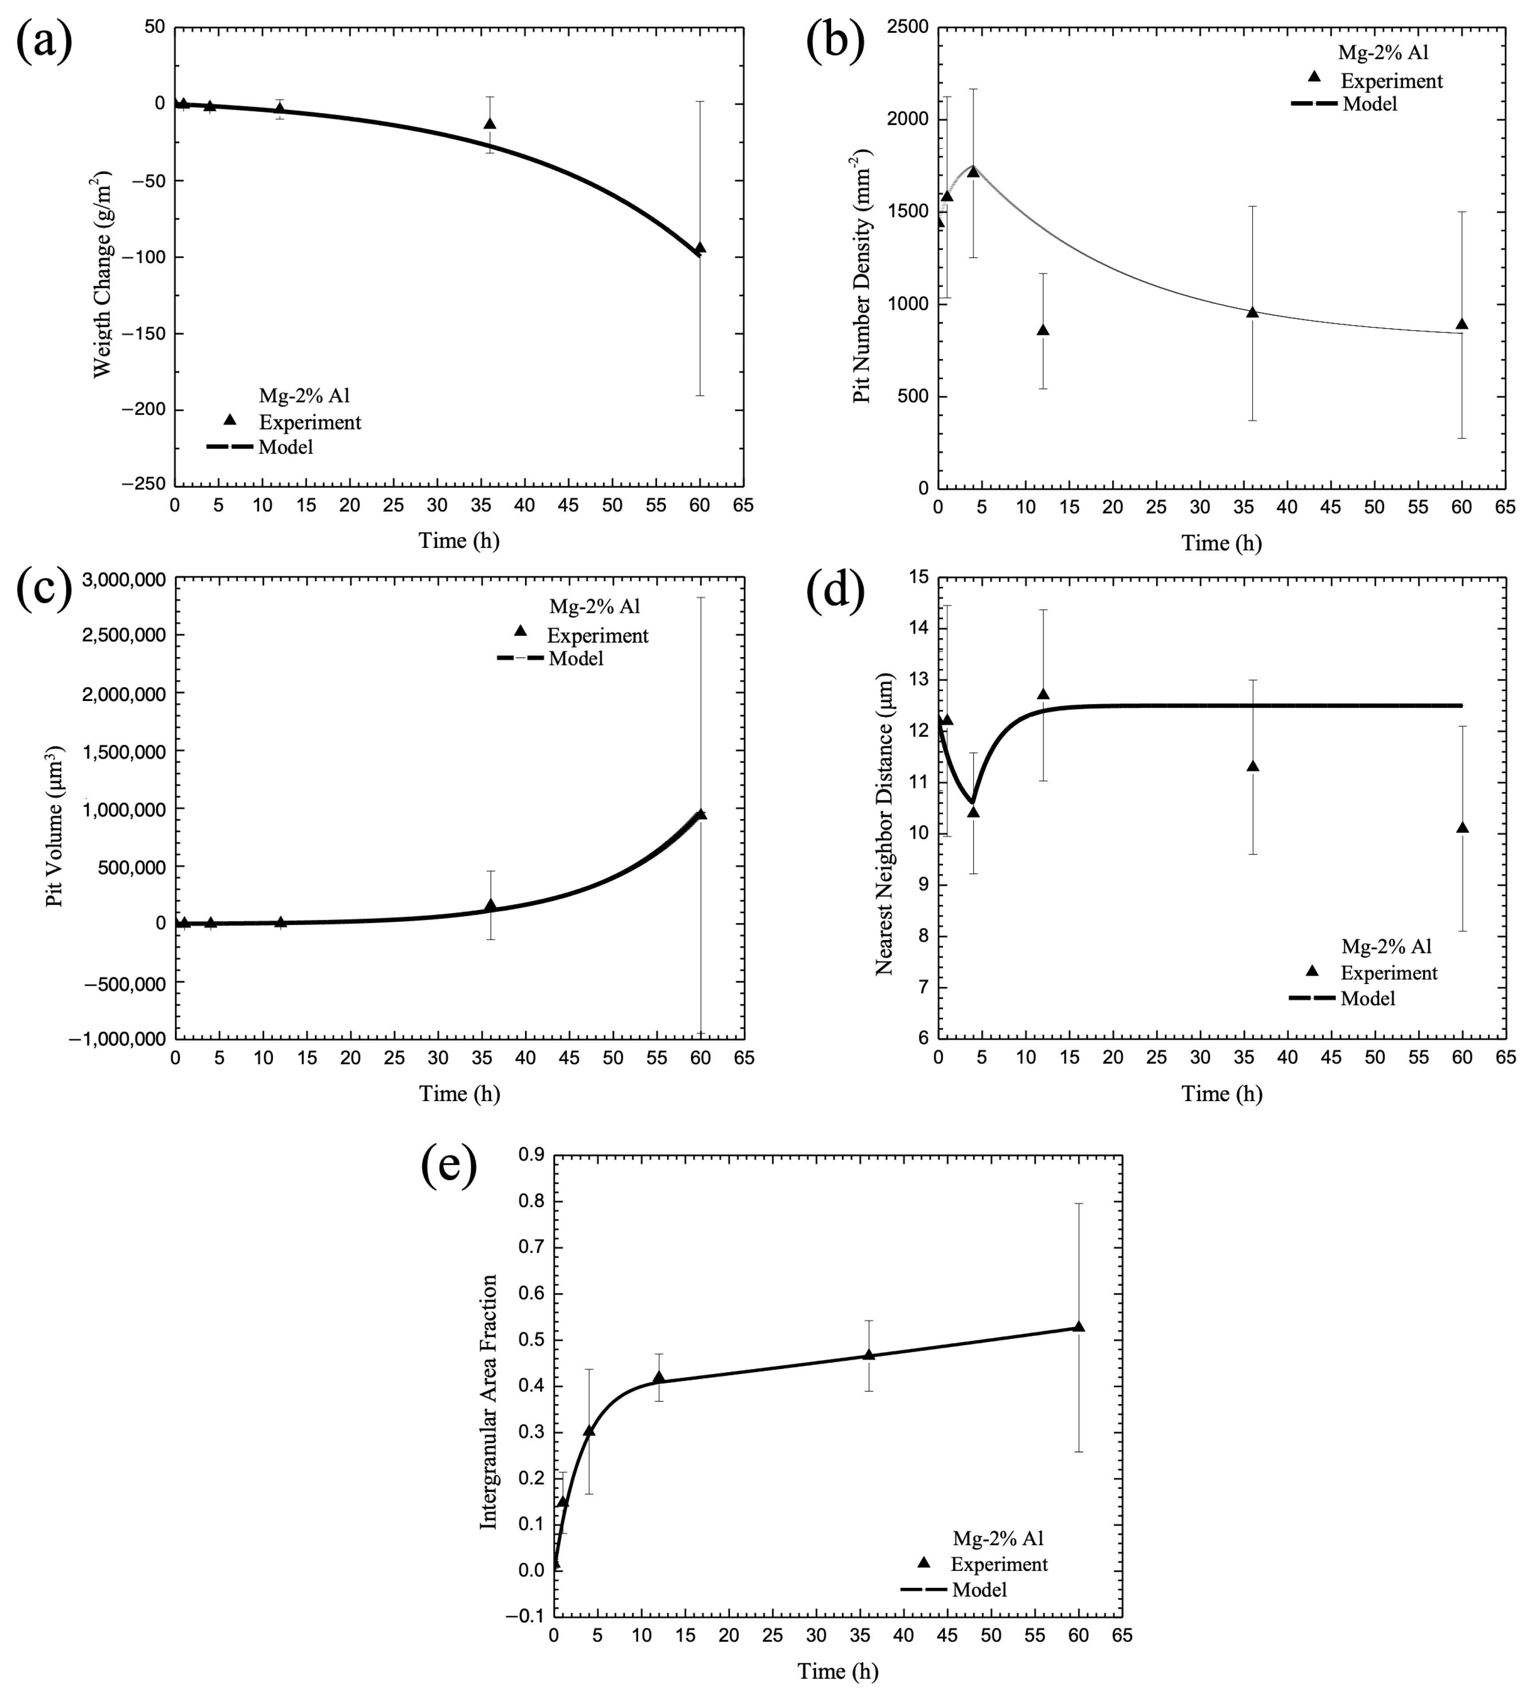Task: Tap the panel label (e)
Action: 449,1166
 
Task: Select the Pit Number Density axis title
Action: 863,277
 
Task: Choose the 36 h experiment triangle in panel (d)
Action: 1253,766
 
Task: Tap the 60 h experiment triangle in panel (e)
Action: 1079,1326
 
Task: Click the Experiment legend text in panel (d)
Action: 1389,973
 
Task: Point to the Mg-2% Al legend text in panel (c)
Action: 595,606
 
